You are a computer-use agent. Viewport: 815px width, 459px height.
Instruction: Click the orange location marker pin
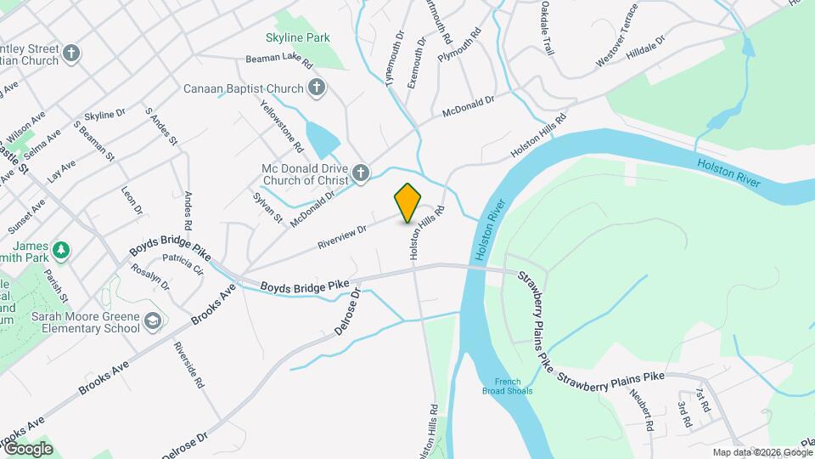click(408, 202)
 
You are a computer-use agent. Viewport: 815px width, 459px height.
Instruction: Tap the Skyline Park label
click(297, 37)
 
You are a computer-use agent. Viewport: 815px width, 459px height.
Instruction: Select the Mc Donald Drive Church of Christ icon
click(361, 174)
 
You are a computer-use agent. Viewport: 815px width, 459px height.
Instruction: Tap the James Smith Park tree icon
click(60, 250)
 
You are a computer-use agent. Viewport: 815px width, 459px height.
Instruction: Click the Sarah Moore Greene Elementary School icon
click(152, 321)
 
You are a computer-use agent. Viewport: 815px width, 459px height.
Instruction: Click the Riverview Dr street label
click(341, 235)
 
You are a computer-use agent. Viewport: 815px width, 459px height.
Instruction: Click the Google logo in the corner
click(28, 449)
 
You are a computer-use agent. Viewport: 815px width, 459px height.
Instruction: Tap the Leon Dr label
click(132, 201)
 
